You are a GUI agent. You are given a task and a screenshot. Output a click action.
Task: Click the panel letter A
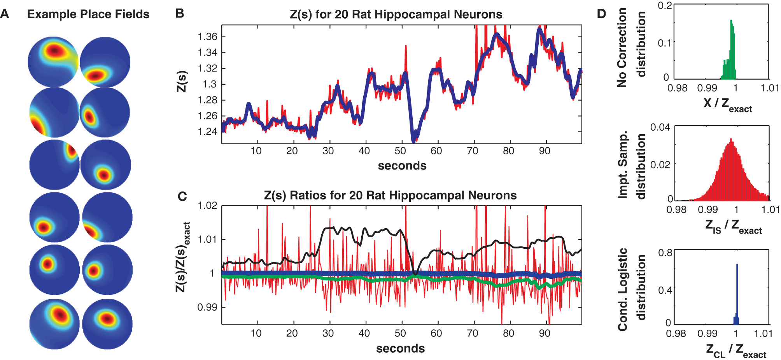point(5,14)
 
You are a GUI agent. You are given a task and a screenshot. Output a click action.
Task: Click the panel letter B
point(180,14)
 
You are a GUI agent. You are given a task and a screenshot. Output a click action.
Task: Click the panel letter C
point(182,196)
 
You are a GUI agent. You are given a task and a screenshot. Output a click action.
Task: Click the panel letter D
point(601,14)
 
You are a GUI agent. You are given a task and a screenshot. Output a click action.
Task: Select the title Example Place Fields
point(88,14)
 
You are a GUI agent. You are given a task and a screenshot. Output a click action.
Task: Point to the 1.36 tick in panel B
point(207,37)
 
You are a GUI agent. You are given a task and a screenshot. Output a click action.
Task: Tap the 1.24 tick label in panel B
point(207,132)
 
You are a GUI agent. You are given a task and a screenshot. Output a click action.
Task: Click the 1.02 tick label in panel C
point(207,206)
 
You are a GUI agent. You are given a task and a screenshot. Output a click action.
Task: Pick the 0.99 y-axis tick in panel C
point(207,307)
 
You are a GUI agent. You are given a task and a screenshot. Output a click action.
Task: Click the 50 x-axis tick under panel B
point(400,151)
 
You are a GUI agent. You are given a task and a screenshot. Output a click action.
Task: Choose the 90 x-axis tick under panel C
point(545,333)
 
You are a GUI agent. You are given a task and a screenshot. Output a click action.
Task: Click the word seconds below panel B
point(402,166)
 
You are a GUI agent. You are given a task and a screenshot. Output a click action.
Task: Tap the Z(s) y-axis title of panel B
point(182,82)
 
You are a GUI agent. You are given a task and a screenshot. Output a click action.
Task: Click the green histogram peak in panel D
point(731,22)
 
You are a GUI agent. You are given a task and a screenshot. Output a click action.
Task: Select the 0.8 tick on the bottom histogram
point(665,253)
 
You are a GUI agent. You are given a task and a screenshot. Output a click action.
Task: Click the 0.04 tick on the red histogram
point(660,127)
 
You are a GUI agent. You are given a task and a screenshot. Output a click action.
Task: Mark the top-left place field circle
point(53,61)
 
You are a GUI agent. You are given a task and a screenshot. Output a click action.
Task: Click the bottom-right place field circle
point(107,324)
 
